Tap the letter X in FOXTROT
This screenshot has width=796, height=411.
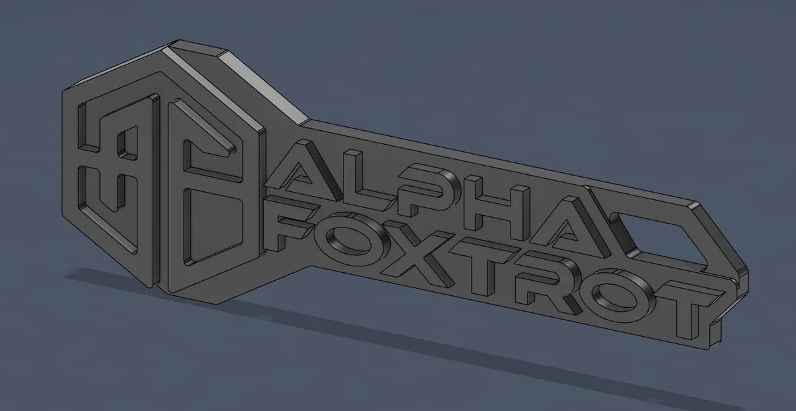click(x=417, y=253)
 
